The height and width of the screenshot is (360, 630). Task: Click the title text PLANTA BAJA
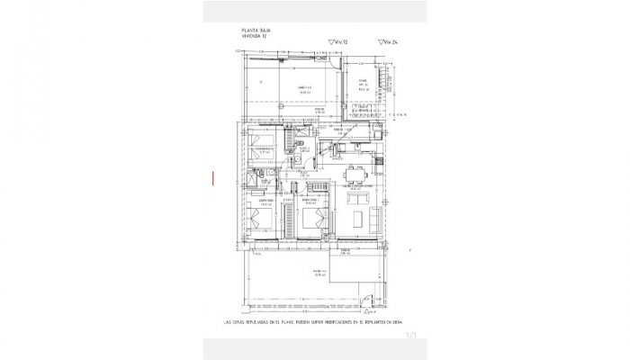click(x=251, y=31)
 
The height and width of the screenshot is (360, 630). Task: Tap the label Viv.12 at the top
click(x=338, y=40)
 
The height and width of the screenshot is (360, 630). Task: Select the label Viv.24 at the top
click(x=389, y=40)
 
